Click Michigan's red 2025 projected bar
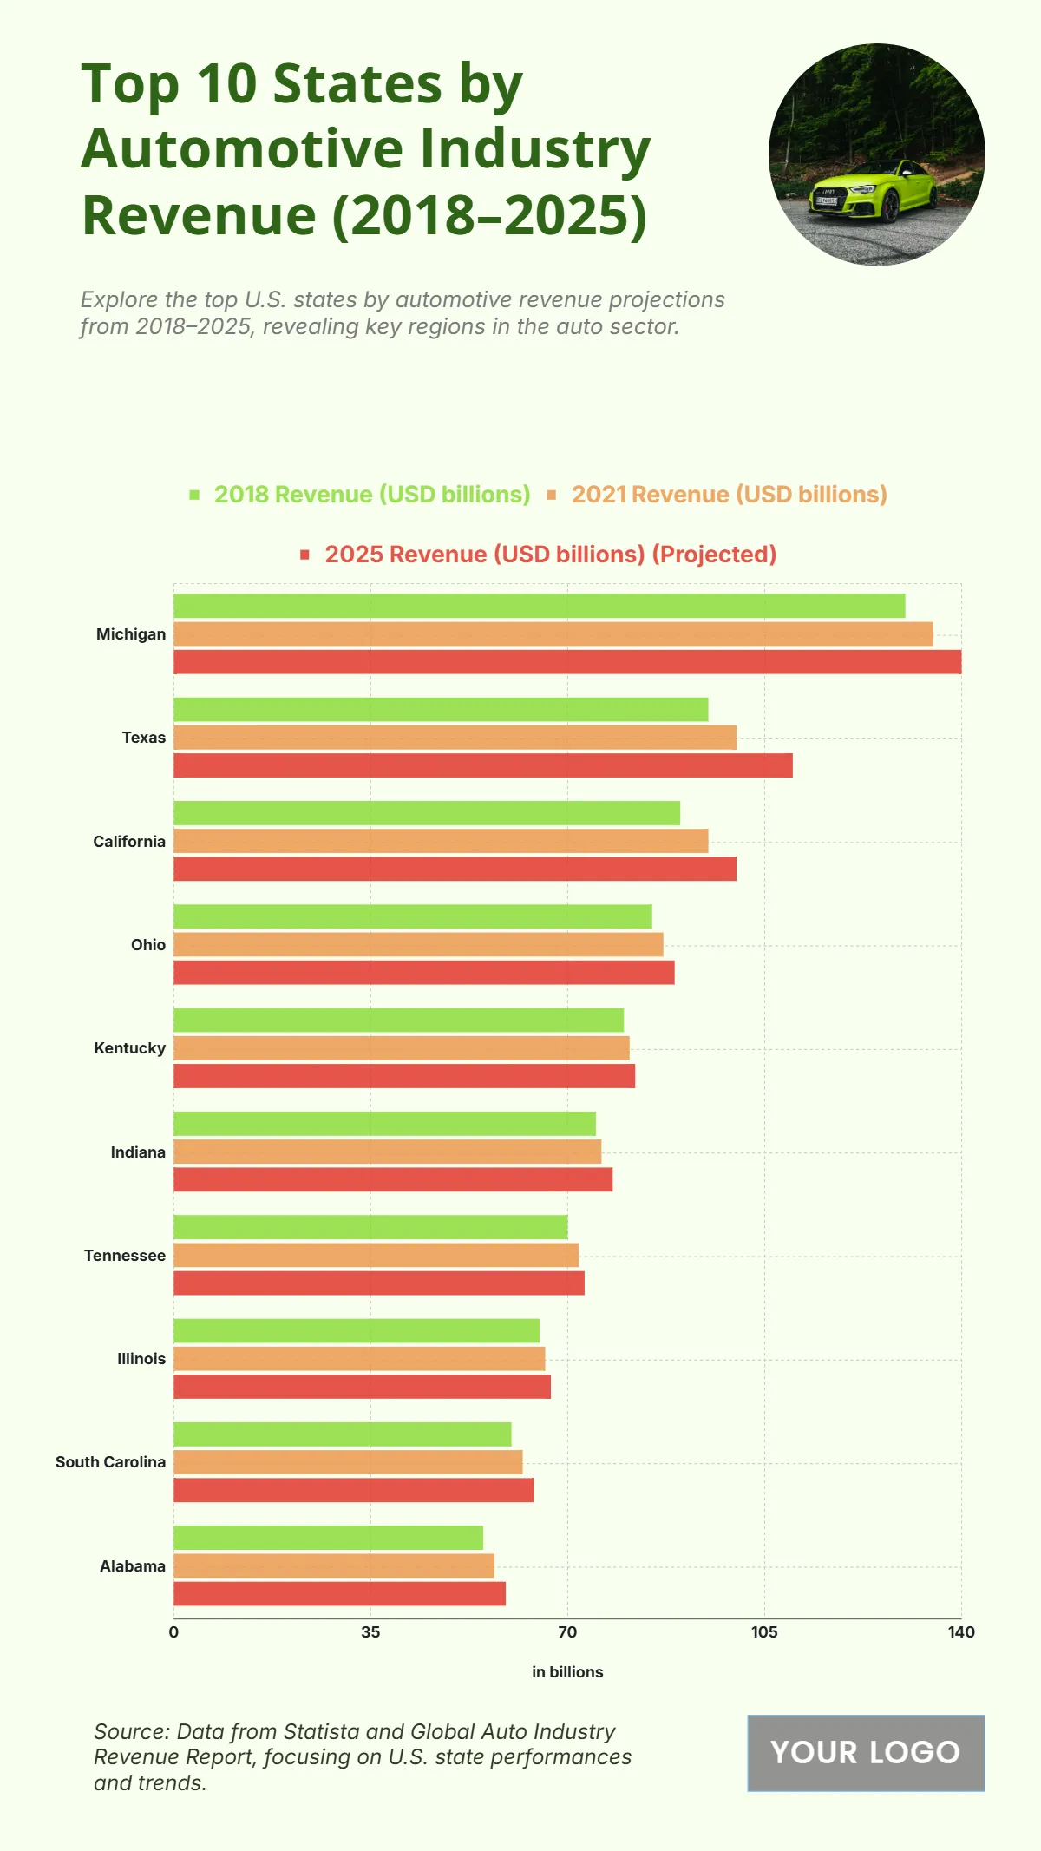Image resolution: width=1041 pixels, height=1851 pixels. click(x=567, y=662)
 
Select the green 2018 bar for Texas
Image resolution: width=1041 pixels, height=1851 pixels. click(x=441, y=709)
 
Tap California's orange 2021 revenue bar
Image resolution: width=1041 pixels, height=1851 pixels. click(x=441, y=841)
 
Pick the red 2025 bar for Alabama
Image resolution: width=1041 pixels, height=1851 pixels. click(x=339, y=1593)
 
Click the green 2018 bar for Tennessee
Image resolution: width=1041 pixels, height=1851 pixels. click(x=370, y=1227)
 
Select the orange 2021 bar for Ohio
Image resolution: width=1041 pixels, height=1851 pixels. click(x=418, y=944)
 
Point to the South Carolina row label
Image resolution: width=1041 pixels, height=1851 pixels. click(x=110, y=1462)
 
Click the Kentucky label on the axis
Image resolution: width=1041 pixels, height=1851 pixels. click(x=129, y=1048)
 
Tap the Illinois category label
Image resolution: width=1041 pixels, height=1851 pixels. click(x=141, y=1359)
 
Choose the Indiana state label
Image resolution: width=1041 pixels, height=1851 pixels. click(x=137, y=1152)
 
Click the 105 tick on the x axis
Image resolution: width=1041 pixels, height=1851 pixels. click(x=763, y=1632)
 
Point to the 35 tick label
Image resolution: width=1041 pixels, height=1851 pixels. click(x=370, y=1632)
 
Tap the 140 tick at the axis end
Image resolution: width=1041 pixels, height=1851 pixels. click(x=960, y=1632)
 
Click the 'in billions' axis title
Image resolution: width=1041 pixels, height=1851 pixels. click(x=567, y=1672)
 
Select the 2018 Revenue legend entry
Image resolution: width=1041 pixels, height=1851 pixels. click(x=371, y=495)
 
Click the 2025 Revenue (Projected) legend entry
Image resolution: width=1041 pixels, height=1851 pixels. click(x=550, y=555)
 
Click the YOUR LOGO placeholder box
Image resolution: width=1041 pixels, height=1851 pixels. click(x=866, y=1753)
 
